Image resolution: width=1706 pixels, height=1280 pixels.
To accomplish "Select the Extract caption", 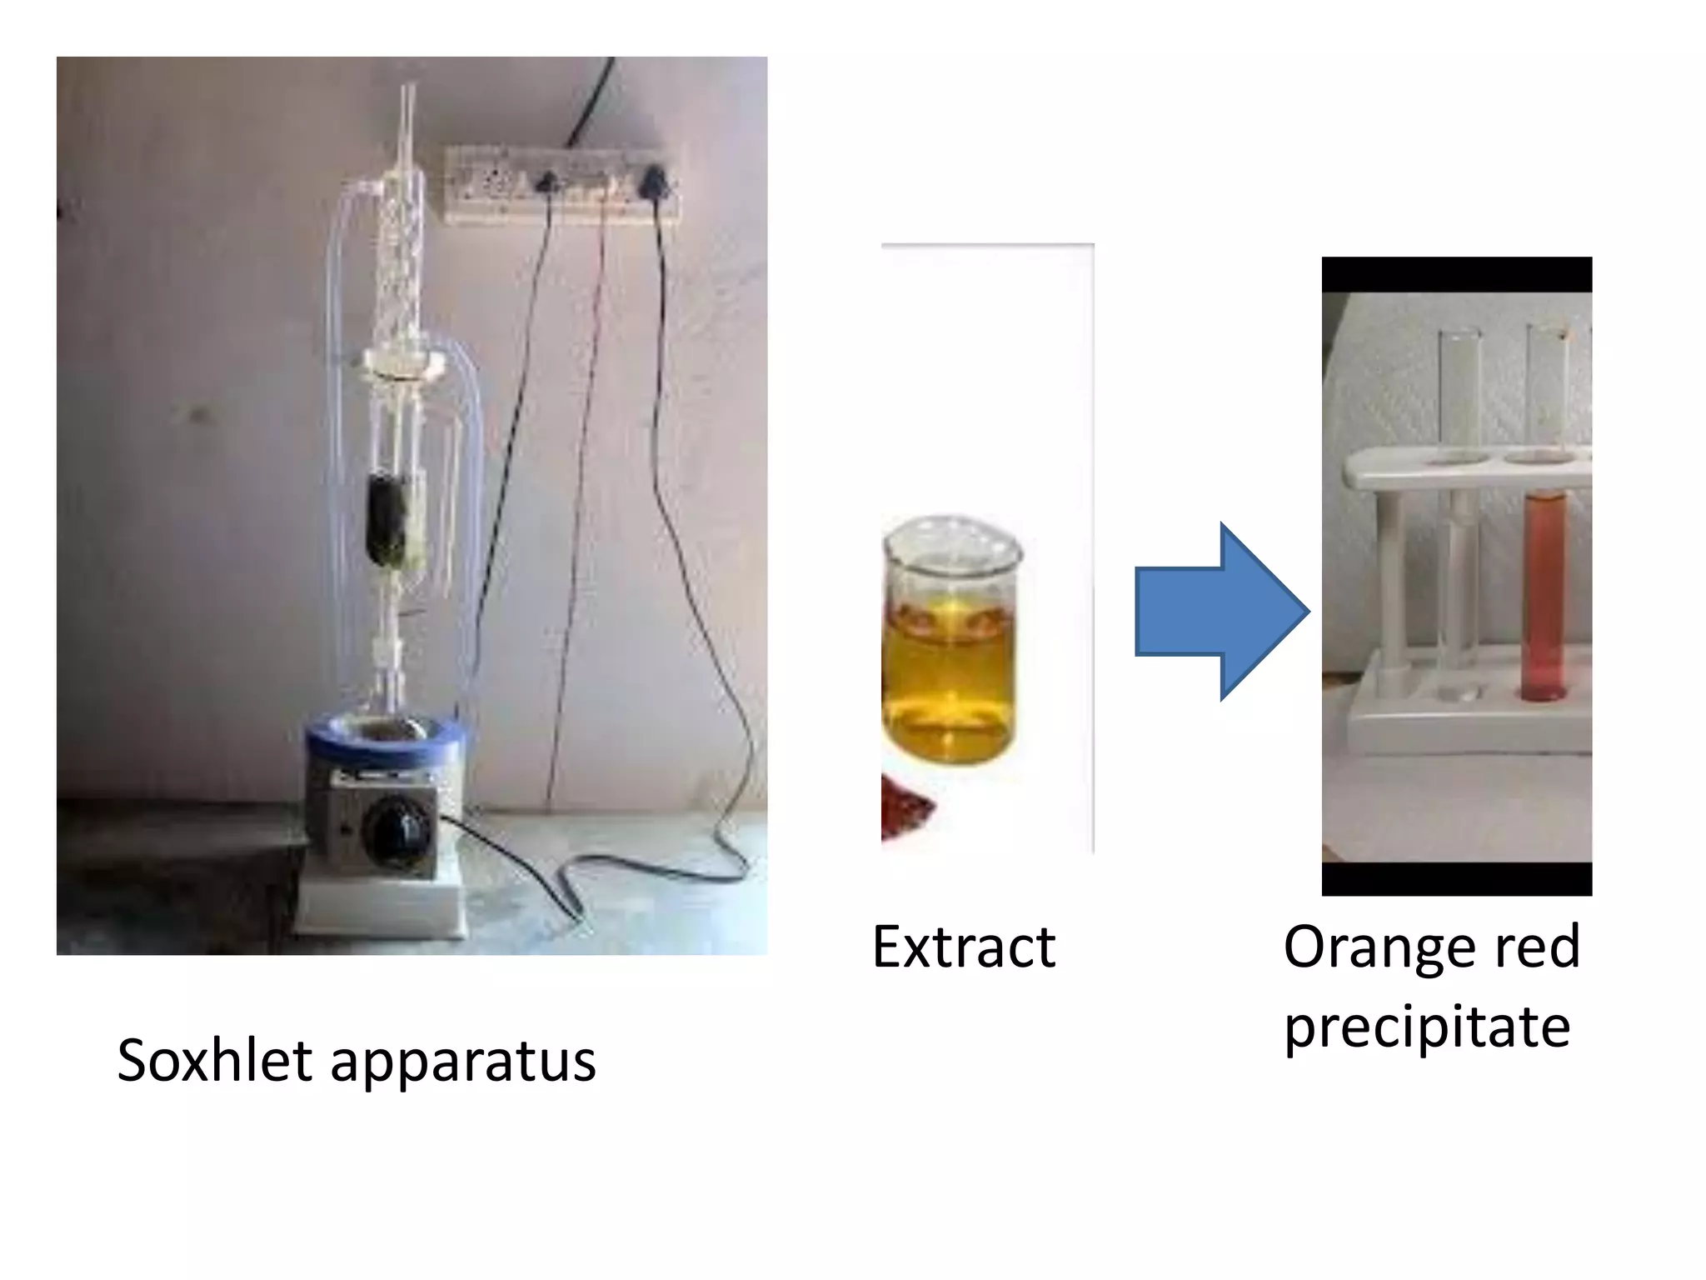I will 964,947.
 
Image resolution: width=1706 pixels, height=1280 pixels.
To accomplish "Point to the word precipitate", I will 1427,1027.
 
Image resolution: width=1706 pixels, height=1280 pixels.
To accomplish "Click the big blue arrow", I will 1220,612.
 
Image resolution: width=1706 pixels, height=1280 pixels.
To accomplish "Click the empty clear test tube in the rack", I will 1459,517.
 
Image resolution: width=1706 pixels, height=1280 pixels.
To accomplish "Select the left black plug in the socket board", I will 547,181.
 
